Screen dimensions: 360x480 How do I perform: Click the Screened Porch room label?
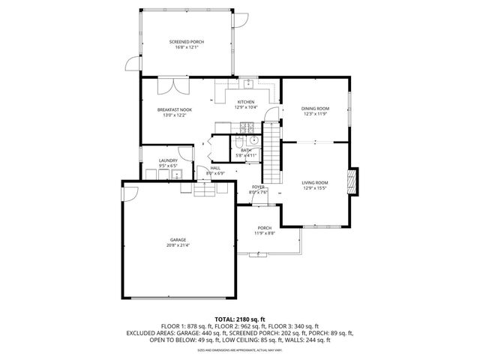187,41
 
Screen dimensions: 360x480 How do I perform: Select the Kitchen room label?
246,102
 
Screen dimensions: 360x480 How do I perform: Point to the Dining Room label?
316,109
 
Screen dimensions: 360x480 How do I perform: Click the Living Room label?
315,182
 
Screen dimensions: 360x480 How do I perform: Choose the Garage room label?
177,240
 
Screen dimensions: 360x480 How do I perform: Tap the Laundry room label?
167,160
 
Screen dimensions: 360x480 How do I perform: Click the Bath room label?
246,150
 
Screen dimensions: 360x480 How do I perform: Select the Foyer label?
258,187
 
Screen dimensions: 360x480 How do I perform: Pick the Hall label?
214,168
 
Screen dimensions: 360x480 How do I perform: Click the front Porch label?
265,228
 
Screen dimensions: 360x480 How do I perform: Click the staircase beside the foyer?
274,157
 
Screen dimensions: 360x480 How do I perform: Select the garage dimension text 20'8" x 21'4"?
177,245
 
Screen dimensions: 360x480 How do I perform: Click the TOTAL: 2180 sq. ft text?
240,319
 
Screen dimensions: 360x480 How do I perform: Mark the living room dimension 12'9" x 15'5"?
315,187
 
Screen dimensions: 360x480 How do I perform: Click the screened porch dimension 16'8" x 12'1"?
187,46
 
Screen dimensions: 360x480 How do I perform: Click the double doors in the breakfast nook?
168,85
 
